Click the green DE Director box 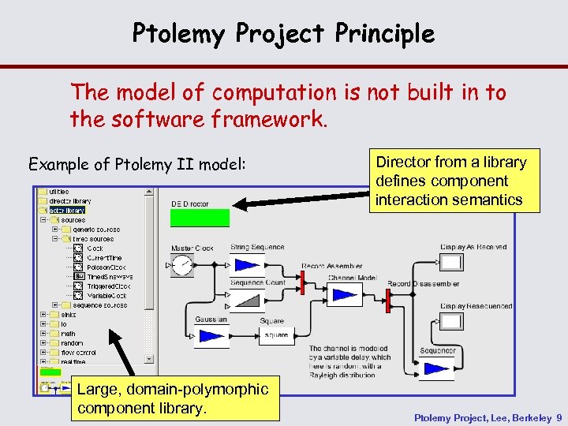pos(200,218)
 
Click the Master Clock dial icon pos(182,265)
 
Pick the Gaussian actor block pos(211,336)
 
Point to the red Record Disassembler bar pos(388,300)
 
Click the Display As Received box pos(451,263)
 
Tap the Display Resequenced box pos(451,321)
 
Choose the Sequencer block pos(437,368)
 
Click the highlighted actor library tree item pos(67,211)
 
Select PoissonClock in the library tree pos(106,267)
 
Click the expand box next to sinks pos(44,315)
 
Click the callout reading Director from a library pos(450,181)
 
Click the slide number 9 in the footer pos(559,417)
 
